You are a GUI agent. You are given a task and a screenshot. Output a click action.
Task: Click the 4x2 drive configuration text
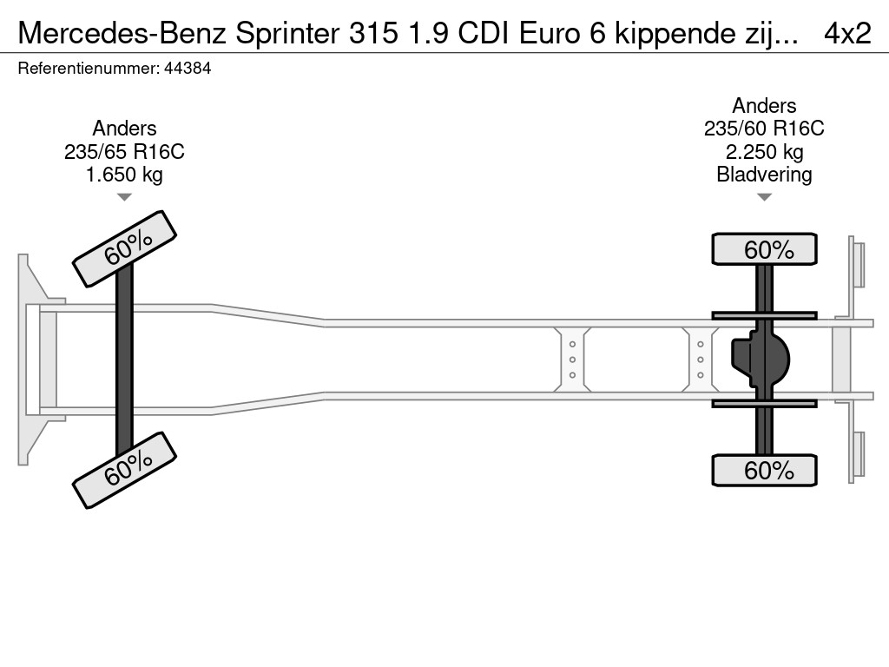tap(847, 33)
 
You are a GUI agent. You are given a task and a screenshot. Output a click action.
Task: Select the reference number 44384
tap(187, 69)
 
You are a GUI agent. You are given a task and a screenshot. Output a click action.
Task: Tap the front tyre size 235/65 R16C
tap(124, 152)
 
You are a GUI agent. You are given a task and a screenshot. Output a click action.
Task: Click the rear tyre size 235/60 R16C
tap(764, 129)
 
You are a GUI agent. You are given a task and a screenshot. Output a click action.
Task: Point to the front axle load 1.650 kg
tap(124, 175)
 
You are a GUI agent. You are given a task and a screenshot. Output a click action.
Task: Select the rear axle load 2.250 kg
tap(764, 152)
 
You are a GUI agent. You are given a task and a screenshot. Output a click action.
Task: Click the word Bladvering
tap(764, 175)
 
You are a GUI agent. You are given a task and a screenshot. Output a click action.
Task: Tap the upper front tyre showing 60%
tap(124, 248)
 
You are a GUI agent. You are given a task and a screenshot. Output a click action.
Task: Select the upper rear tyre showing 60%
tap(764, 249)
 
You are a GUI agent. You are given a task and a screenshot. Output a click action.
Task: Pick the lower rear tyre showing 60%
tap(764, 470)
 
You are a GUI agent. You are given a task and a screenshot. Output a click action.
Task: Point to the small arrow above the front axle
tap(124, 197)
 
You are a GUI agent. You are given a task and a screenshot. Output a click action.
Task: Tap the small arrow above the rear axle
tap(764, 197)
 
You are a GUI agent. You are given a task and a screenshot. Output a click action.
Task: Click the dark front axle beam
tap(124, 360)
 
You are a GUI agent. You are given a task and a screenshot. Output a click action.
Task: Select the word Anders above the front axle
tap(124, 129)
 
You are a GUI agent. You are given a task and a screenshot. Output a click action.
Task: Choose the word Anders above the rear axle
tap(764, 106)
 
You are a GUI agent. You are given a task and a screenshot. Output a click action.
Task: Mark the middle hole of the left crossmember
tap(573, 360)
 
